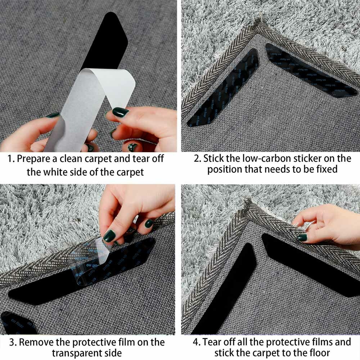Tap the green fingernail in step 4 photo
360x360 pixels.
pos(302,237)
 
